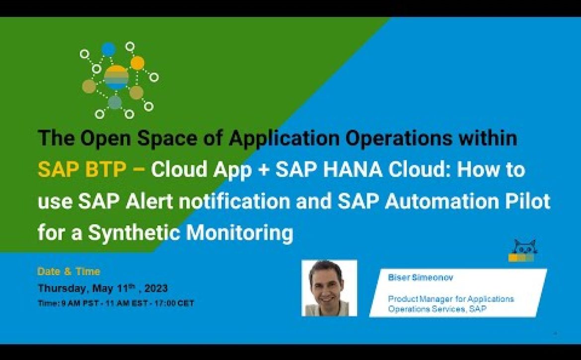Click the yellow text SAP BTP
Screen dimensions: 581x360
click(x=82, y=170)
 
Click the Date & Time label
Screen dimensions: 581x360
click(x=69, y=272)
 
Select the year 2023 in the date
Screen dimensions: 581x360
click(x=156, y=288)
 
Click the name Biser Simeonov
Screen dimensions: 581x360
click(x=420, y=278)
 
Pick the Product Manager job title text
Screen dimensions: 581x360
click(x=451, y=304)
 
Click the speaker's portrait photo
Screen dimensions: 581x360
click(x=329, y=288)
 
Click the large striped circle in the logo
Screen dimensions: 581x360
click(x=116, y=77)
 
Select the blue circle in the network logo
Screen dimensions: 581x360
click(x=109, y=49)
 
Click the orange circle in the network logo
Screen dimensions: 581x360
click(x=138, y=63)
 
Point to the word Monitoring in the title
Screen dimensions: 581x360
click(x=239, y=233)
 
